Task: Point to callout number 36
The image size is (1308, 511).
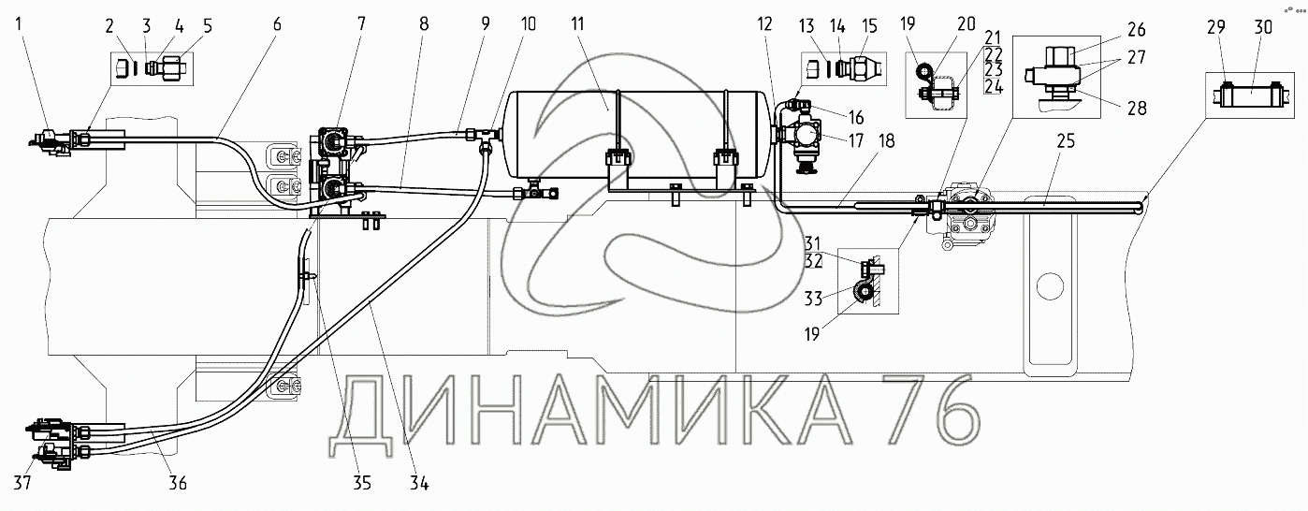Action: point(177,483)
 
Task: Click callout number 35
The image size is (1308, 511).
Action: point(361,483)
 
